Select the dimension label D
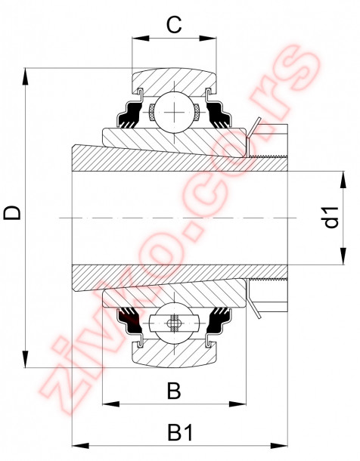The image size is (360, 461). (13, 214)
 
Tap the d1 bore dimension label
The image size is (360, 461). (331, 218)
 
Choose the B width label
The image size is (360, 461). (174, 391)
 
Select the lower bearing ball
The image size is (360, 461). (175, 323)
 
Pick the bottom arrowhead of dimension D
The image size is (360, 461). (26, 361)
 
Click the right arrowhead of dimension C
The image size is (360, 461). (213, 37)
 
